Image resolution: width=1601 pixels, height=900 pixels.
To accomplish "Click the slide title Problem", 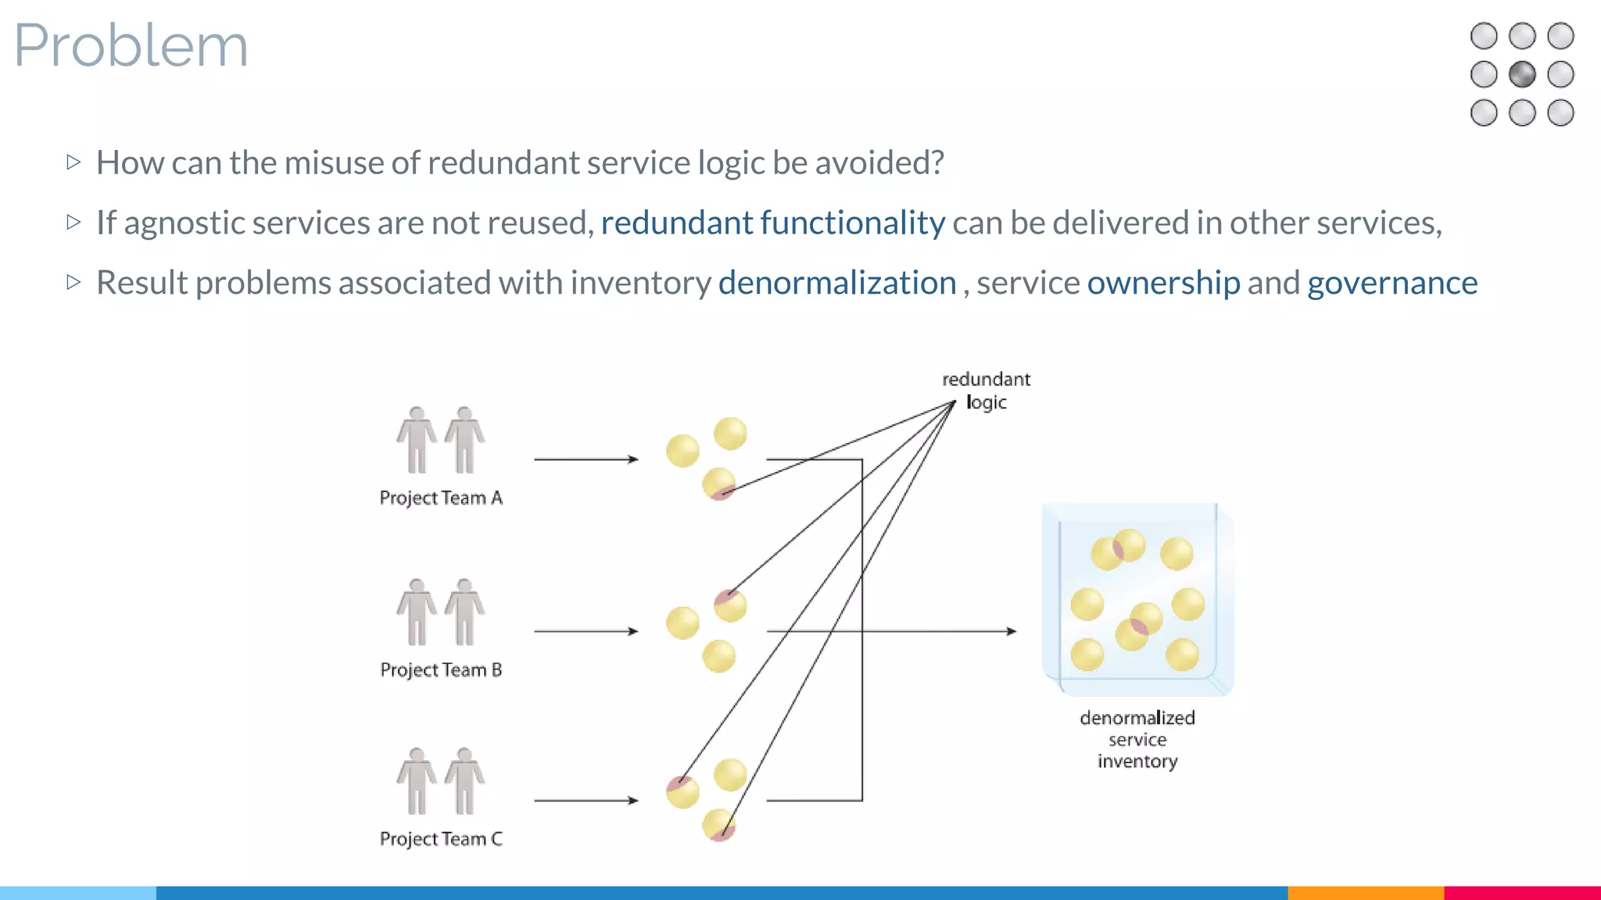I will pyautogui.click(x=131, y=45).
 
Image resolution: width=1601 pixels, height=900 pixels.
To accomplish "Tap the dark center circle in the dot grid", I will pyautogui.click(x=1521, y=75).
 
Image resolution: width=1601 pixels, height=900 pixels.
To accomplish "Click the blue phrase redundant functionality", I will pyautogui.click(x=772, y=223).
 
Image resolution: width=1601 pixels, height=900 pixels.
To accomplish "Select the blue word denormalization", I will pyautogui.click(x=836, y=283).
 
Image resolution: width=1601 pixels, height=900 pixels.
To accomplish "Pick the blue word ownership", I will pyautogui.click(x=1162, y=283).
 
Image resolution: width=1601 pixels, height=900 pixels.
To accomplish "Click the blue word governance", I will pyautogui.click(x=1391, y=283).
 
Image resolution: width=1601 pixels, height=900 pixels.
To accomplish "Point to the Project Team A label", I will pyautogui.click(x=441, y=498).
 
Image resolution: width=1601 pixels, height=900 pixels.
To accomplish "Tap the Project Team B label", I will pyautogui.click(x=441, y=670).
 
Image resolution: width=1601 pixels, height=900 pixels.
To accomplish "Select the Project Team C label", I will pyautogui.click(x=441, y=839).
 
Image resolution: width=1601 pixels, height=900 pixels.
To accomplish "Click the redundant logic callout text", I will pyautogui.click(x=986, y=391).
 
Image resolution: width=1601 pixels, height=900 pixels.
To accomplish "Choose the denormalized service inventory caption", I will pyautogui.click(x=1137, y=739).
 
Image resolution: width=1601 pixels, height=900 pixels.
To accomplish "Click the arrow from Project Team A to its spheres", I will pyautogui.click(x=586, y=459).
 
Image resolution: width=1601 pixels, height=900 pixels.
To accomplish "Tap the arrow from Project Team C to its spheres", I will pyautogui.click(x=586, y=800).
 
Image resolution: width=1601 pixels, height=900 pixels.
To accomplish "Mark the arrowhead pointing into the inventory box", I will pyautogui.click(x=1011, y=631).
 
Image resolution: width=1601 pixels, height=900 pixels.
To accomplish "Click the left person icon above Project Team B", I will pyautogui.click(x=417, y=612).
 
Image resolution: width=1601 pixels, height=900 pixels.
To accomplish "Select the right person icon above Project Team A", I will pyautogui.click(x=465, y=440).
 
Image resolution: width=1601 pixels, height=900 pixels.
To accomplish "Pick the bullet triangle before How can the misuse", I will pyautogui.click(x=73, y=162).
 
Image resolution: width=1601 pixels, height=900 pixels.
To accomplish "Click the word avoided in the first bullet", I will pyautogui.click(x=879, y=163).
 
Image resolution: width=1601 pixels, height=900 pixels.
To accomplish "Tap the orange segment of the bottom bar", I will pyautogui.click(x=1365, y=892).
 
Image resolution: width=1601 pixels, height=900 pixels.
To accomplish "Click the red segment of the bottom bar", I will pyautogui.click(x=1521, y=892).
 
